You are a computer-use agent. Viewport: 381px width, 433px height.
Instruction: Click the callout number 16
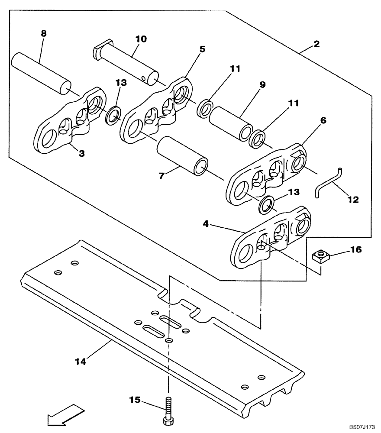tap(355, 250)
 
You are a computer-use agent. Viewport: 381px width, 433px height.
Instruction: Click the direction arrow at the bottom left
tap(61, 414)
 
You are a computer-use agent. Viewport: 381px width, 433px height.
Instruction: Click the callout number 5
tap(202, 49)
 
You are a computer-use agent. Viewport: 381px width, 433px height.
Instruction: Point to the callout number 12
tap(353, 200)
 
